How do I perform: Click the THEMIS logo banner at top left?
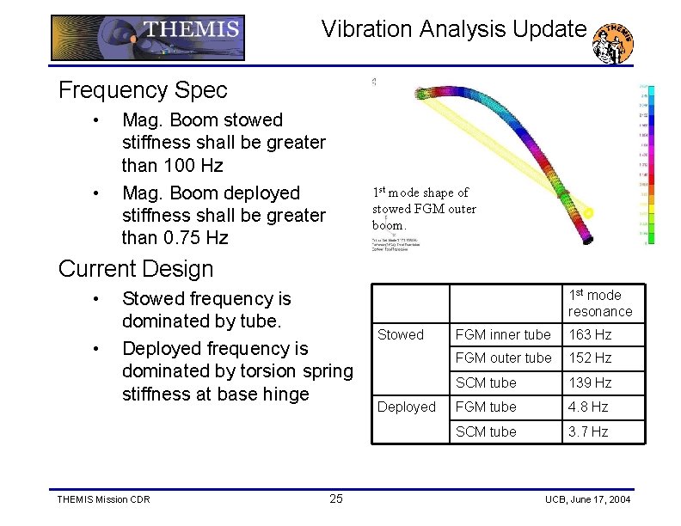tap(147, 37)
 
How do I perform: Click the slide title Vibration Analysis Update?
tap(453, 29)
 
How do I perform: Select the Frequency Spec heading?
tap(143, 89)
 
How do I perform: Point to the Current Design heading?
tap(136, 268)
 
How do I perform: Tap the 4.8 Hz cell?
tap(588, 407)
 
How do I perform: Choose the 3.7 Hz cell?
tap(588, 431)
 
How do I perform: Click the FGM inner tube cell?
tap(503, 334)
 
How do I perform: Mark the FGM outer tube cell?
tap(503, 358)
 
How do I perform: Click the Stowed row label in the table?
tap(401, 334)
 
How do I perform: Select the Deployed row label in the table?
tap(406, 407)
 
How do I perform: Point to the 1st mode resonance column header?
tap(599, 303)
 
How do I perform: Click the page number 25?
tap(336, 499)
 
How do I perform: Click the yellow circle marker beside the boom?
tap(589, 211)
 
